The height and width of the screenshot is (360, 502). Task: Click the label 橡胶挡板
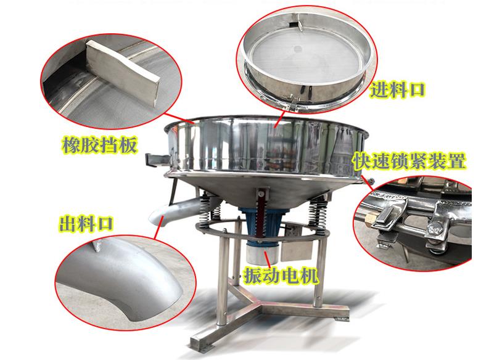click(99, 145)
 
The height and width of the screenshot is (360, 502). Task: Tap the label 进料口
click(397, 89)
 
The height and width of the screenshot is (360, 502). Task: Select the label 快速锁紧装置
click(409, 161)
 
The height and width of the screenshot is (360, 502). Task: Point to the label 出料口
click(86, 223)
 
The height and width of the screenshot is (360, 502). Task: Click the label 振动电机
click(281, 275)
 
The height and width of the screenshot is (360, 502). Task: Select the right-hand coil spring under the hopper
click(317, 211)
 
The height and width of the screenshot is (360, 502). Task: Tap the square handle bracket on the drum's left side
click(157, 160)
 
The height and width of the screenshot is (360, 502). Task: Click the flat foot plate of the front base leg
click(200, 343)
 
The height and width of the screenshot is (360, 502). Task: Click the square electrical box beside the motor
click(296, 242)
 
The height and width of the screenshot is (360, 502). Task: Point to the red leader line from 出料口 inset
click(159, 227)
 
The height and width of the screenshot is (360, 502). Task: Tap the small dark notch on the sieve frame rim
click(293, 24)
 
